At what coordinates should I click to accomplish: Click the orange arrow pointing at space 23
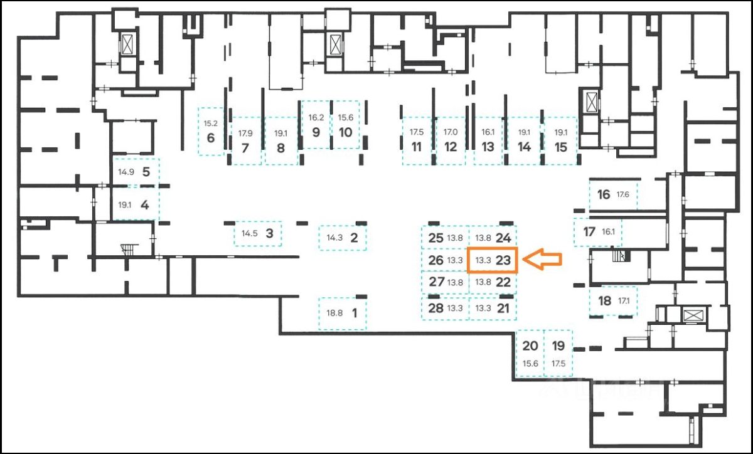[x=543, y=260]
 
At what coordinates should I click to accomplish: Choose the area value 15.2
[x=211, y=124]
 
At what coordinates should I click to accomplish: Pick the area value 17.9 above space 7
[x=245, y=133]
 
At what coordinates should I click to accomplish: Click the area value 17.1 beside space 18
[x=623, y=301]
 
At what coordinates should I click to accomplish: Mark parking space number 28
[x=435, y=308]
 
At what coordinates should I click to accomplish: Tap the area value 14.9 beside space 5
[x=126, y=172]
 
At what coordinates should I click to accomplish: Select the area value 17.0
[x=451, y=133]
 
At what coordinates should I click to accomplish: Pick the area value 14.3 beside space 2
[x=334, y=238]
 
